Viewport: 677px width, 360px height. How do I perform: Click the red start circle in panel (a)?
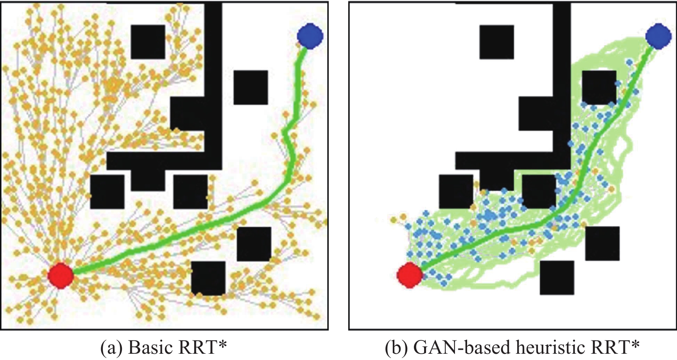61,276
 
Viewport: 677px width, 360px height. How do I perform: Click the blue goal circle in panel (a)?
310,36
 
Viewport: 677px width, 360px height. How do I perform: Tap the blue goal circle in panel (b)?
659,36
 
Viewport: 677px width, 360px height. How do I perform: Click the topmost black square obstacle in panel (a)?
148,42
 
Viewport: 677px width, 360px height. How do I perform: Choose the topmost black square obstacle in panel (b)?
496,42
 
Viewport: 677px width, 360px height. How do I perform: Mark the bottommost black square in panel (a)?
208,278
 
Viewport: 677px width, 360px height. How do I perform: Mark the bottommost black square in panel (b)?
557,278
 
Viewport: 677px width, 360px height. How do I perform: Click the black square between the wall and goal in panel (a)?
251,87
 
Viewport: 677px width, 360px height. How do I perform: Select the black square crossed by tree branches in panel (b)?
599,87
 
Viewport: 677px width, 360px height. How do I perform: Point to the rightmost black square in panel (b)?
602,243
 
